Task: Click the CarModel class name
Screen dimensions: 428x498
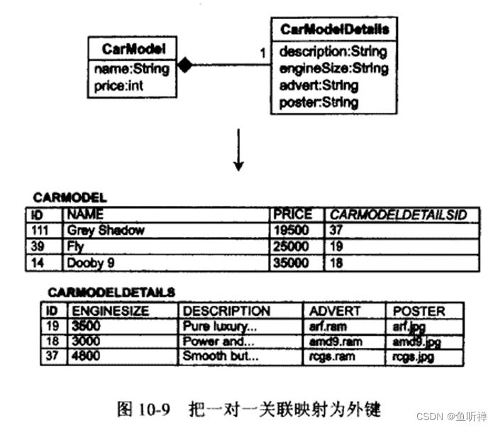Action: click(x=133, y=49)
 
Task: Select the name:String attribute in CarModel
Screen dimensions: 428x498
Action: click(x=131, y=69)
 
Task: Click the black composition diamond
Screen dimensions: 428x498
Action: click(x=185, y=66)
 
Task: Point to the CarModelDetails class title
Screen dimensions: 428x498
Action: click(x=334, y=30)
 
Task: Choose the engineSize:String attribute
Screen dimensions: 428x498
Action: click(x=333, y=68)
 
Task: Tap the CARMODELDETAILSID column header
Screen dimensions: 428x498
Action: click(x=401, y=214)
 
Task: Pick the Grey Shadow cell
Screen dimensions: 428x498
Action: click(x=106, y=230)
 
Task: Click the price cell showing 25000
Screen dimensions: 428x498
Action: click(x=291, y=246)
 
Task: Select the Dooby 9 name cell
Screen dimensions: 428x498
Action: click(x=92, y=263)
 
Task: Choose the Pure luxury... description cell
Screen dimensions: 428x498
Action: click(x=216, y=327)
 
